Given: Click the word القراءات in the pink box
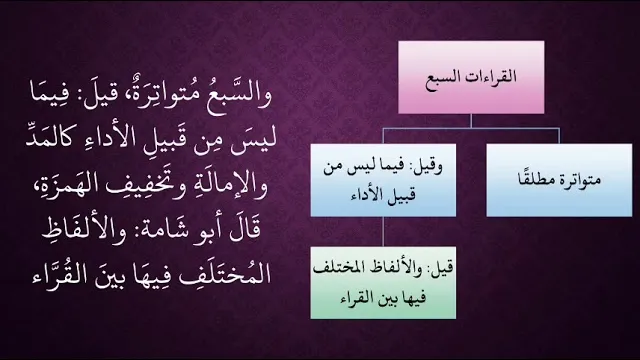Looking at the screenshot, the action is coord(493,76).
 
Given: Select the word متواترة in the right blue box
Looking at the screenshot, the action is coord(580,180).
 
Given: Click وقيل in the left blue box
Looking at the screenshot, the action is coord(428,167).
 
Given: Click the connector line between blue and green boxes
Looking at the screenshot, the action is coord(383,231).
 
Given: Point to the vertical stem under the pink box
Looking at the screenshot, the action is coord(471,121).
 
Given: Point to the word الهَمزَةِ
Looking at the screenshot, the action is coord(68,182).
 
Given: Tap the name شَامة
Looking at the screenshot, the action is coord(158,229).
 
